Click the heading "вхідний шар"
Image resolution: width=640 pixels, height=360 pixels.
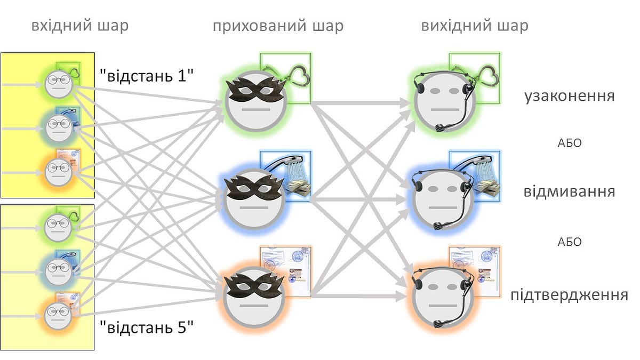(80, 26)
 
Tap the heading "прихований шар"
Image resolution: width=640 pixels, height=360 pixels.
(278, 26)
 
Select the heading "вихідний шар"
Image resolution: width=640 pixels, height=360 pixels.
(475, 26)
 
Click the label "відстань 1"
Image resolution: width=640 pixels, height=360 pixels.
(147, 76)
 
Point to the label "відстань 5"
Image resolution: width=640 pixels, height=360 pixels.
(147, 327)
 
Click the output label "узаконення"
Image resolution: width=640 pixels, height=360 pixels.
(570, 96)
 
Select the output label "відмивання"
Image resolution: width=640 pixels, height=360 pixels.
(570, 191)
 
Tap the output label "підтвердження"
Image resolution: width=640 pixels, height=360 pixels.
(570, 295)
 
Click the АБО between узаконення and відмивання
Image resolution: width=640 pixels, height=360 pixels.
(570, 143)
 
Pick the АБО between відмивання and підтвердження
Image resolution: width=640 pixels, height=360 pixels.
(570, 242)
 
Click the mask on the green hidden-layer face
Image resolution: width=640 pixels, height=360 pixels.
(255, 89)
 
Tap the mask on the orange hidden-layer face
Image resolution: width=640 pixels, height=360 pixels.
(254, 286)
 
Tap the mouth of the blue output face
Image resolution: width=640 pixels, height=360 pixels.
(443, 207)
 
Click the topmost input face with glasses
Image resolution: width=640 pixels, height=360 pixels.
(59, 84)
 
